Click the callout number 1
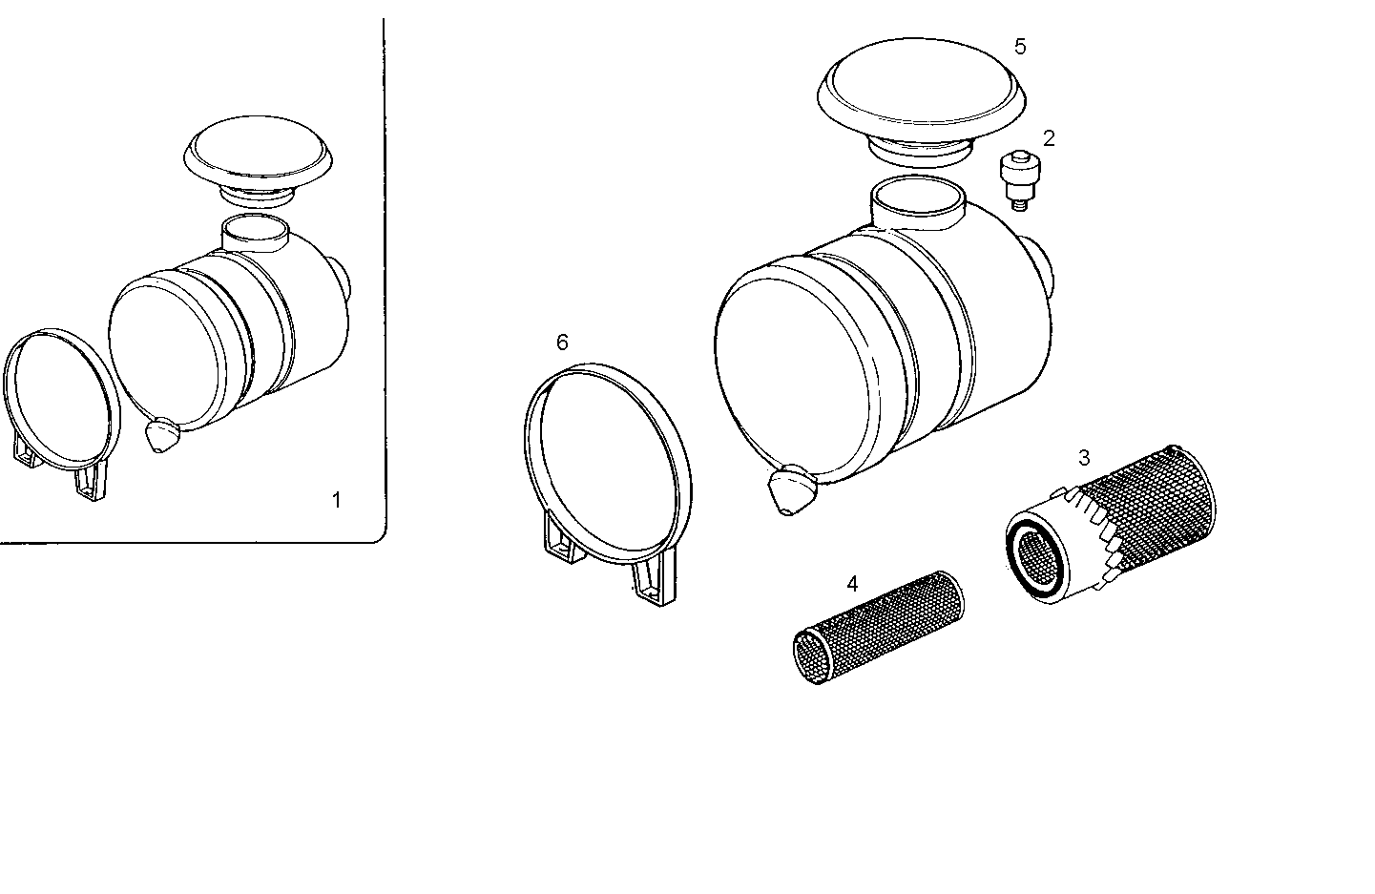tap(335, 499)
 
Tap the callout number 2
tap(1049, 138)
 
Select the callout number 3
tap(1084, 458)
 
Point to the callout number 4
tap(852, 583)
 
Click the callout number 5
tap(1020, 47)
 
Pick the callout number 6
tap(562, 342)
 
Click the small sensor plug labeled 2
tap(1020, 179)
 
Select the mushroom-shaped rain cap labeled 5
tap(921, 91)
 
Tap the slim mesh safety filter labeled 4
tap(878, 625)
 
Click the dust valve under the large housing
tap(790, 490)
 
